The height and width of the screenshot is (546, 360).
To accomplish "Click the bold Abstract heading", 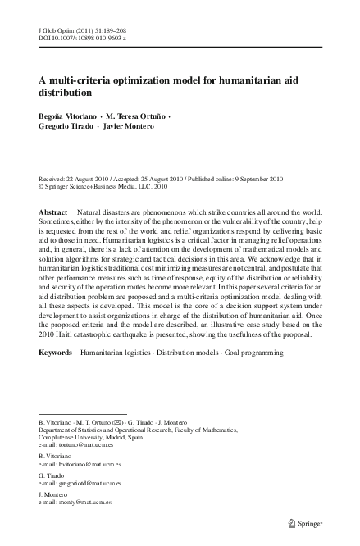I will pyautogui.click(x=53, y=212).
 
